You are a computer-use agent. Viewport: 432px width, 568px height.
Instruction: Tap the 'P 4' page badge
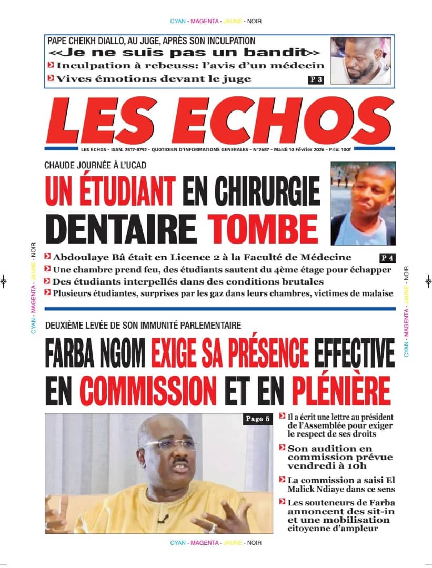[x=387, y=258]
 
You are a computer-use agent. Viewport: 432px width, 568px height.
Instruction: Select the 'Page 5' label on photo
[x=258, y=419]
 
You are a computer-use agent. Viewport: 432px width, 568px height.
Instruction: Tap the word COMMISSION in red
[x=149, y=390]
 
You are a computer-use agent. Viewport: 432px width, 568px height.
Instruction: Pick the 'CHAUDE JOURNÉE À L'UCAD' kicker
[x=95, y=165]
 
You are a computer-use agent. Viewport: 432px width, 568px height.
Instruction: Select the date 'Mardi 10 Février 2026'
[x=295, y=150]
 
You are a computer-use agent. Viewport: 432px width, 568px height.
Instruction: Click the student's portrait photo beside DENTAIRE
[x=363, y=203]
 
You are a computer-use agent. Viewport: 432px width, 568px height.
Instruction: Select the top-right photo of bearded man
[x=360, y=61]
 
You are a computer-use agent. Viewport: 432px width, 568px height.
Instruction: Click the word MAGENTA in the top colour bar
[x=205, y=21]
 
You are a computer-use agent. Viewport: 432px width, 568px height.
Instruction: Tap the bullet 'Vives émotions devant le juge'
[x=153, y=79]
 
